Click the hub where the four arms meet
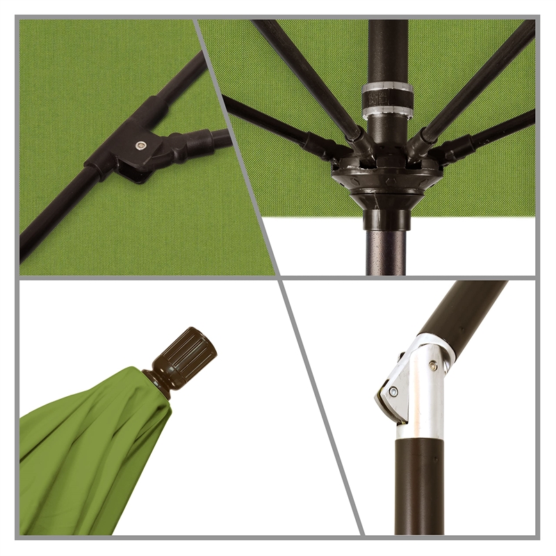click(386, 174)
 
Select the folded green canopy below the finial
click(90, 459)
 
